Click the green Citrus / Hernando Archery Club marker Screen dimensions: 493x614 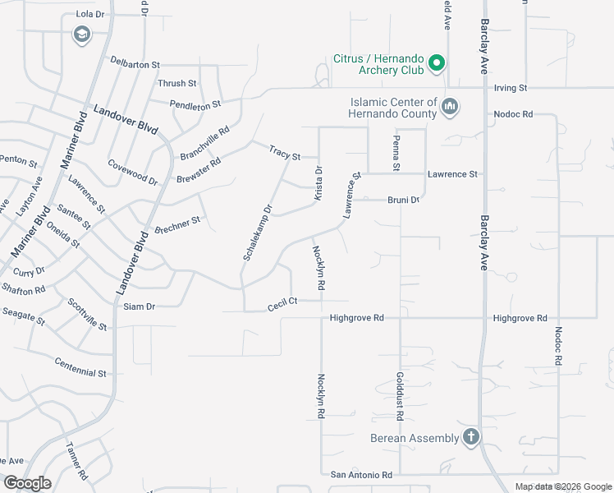438,62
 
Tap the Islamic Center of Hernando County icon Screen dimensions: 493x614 450,107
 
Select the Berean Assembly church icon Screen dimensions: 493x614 471,436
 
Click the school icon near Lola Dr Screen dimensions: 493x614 81,35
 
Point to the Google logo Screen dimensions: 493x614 28,483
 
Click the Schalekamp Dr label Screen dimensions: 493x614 256,233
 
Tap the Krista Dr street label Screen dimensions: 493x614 318,182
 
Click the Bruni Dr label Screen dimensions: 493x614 403,200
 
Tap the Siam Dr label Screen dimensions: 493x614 139,306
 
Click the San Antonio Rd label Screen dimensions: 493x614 361,475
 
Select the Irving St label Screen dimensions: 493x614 510,87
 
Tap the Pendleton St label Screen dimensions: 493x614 195,104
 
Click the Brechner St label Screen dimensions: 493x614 177,224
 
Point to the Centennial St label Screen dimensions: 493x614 80,367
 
